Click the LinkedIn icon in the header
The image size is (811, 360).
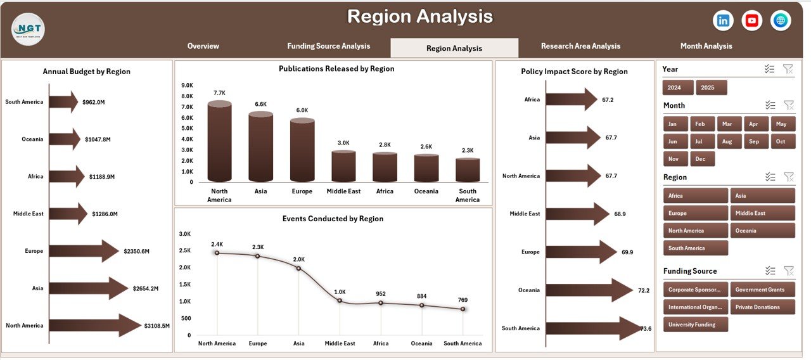click(723, 21)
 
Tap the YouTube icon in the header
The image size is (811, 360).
click(752, 21)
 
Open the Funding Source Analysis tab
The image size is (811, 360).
click(328, 46)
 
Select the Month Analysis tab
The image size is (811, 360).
click(706, 46)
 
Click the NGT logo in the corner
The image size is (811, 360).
click(29, 29)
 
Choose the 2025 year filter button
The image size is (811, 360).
click(711, 87)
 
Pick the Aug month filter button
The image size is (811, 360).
click(727, 141)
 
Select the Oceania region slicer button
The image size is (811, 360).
click(762, 231)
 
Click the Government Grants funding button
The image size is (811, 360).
click(762, 290)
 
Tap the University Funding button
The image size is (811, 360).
click(695, 325)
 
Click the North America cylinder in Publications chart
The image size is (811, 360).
click(219, 142)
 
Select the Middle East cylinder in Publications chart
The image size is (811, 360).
click(343, 165)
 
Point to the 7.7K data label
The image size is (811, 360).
click(219, 93)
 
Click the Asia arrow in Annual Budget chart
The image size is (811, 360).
click(88, 288)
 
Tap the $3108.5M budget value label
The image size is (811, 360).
click(157, 326)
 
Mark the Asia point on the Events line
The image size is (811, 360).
click(298, 268)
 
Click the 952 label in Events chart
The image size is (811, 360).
click(381, 293)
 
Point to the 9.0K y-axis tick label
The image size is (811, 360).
click(187, 86)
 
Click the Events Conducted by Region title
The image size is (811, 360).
click(333, 219)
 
